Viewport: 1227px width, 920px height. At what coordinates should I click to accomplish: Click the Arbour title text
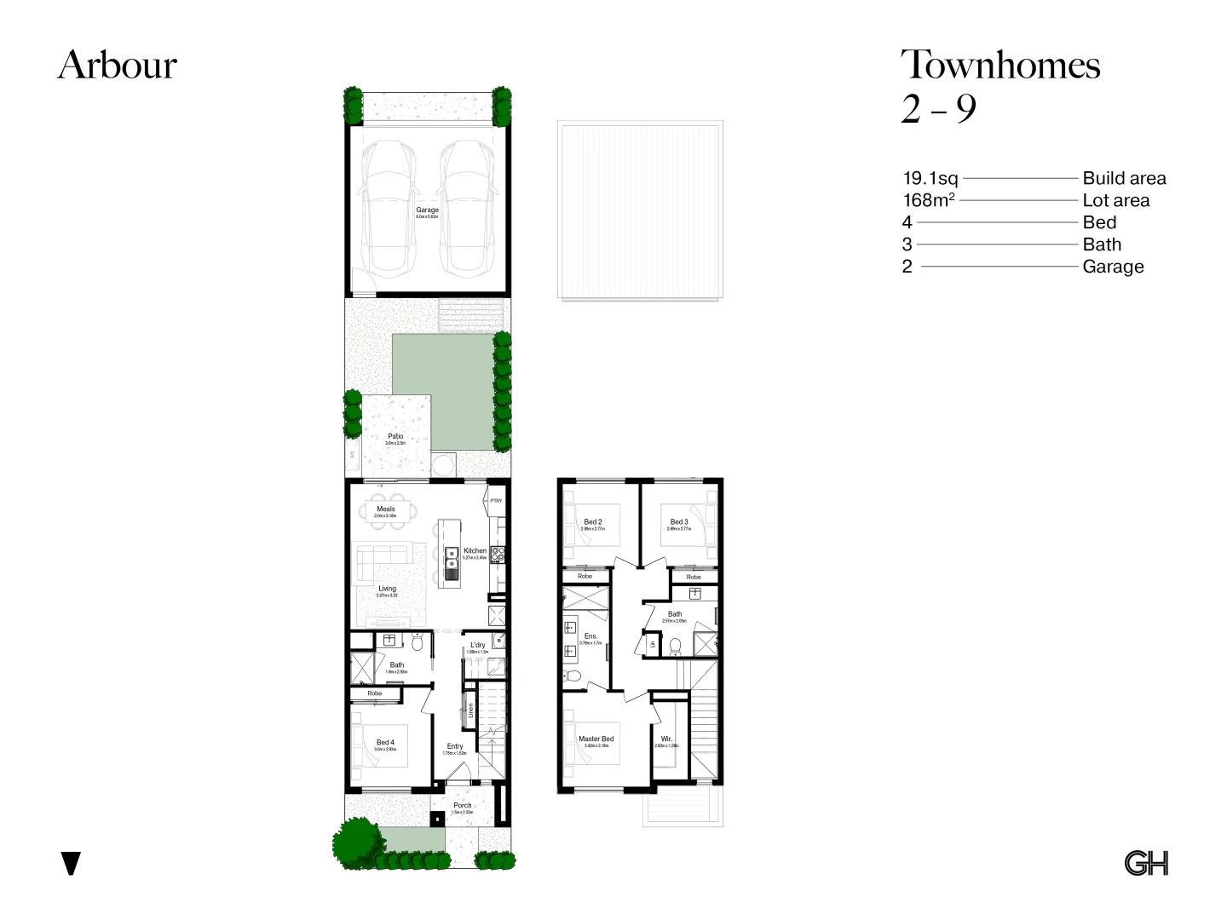(x=118, y=66)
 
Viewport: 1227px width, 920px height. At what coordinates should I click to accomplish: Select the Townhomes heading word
(x=1000, y=66)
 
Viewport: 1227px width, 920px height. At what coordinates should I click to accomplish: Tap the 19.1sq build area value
(x=930, y=179)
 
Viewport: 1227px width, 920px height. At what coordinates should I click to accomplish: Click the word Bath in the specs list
(x=1102, y=245)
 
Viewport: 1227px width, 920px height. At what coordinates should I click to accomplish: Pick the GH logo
(x=1146, y=863)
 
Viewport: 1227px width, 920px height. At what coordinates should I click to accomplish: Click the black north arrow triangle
(x=72, y=863)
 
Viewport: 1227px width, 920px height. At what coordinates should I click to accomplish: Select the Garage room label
(x=427, y=210)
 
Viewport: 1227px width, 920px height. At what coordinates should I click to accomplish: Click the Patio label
(x=395, y=437)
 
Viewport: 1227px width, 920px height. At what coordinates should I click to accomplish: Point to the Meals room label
(x=386, y=509)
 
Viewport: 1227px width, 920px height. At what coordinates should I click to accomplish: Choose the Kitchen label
(x=475, y=551)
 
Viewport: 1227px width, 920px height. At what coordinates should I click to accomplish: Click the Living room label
(x=387, y=589)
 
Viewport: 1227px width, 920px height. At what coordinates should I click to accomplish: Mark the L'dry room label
(x=478, y=646)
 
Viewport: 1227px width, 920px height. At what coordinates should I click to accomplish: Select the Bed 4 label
(x=385, y=743)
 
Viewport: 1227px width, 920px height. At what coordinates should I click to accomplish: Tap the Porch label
(x=462, y=806)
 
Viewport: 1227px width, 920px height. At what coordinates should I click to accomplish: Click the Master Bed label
(x=596, y=739)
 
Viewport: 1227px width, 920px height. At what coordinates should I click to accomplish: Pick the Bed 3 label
(x=679, y=522)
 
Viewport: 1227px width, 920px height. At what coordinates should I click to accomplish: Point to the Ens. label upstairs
(x=590, y=636)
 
